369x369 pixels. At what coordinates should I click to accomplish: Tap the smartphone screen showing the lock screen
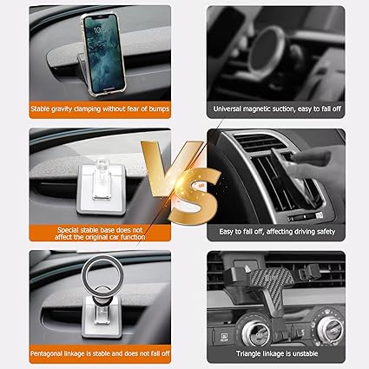coord(105,53)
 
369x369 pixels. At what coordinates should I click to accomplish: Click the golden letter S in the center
coord(194,195)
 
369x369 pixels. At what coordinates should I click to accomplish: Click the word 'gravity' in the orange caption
coord(62,109)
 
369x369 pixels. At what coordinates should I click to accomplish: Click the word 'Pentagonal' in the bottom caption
coord(45,353)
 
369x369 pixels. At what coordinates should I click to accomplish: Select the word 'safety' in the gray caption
coord(326,232)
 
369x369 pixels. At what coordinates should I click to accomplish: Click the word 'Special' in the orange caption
coord(68,230)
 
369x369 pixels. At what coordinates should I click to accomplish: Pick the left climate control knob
coord(255,330)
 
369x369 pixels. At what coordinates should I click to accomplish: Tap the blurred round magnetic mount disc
coord(267,49)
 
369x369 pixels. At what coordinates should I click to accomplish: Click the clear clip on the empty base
coord(102,180)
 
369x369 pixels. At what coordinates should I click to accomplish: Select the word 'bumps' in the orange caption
coord(159,109)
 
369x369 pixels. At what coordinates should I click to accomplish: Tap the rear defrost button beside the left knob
coord(224,337)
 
